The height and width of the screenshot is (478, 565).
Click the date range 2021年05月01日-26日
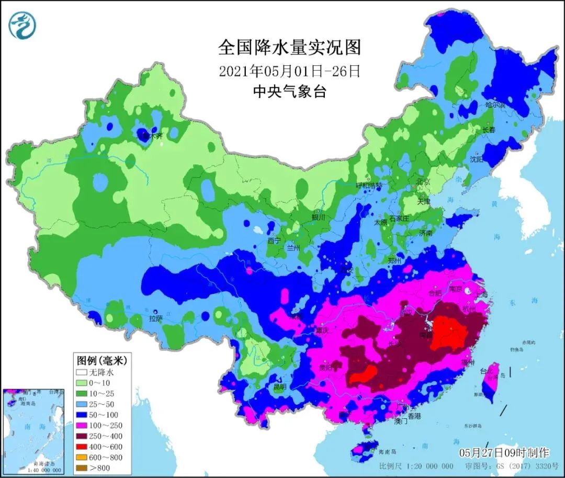coord(289,71)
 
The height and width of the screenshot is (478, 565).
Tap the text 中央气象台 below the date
coord(289,92)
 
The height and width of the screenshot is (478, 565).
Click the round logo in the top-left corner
coord(22,25)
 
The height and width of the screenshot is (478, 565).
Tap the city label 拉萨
coord(156,318)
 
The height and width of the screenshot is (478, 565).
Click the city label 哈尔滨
coord(495,105)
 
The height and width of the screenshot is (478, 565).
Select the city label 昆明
coord(280,388)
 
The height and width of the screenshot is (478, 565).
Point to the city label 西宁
coord(274,241)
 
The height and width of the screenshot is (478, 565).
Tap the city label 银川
coord(319,217)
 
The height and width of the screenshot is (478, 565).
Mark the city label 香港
coord(414,416)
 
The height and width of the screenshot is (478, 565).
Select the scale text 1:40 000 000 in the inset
coord(32,470)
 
